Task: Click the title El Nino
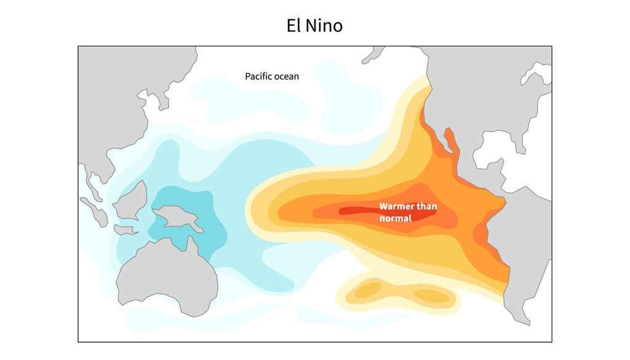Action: point(314,26)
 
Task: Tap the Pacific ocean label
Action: point(272,76)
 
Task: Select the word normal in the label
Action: point(394,218)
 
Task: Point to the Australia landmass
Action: point(166,277)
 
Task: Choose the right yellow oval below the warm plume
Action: point(431,295)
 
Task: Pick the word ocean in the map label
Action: point(287,76)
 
